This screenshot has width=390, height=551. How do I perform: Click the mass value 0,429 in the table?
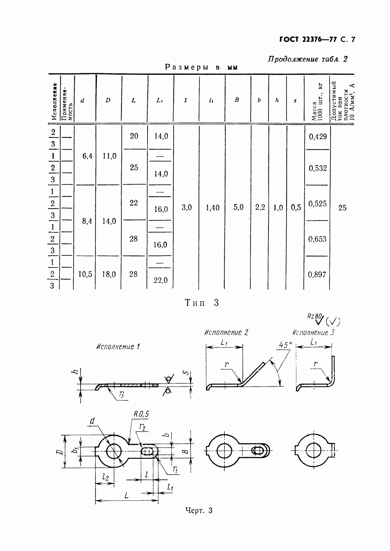click(x=318, y=137)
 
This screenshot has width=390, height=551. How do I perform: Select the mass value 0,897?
click(x=317, y=275)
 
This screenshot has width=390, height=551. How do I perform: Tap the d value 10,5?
click(x=85, y=274)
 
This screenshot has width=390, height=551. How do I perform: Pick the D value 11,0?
click(x=109, y=156)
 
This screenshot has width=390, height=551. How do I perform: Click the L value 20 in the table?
click(x=134, y=136)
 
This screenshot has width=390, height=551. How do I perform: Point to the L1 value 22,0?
click(x=161, y=280)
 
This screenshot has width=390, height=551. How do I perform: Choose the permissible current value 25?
click(x=342, y=208)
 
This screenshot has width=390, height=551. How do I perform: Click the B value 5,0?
click(x=238, y=207)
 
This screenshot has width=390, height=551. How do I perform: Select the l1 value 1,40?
click(x=213, y=208)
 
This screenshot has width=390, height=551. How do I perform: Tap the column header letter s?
click(x=295, y=101)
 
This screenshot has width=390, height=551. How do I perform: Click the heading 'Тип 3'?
click(x=202, y=303)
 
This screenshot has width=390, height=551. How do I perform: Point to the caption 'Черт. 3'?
click(x=199, y=511)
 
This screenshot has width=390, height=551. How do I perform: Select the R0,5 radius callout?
click(x=141, y=414)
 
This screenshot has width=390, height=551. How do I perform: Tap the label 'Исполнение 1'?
click(x=118, y=347)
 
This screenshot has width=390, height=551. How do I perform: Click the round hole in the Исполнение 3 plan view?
click(x=313, y=451)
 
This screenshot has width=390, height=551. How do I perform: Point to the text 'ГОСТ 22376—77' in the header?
click(x=308, y=40)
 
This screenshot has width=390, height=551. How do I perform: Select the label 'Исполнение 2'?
click(x=226, y=332)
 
